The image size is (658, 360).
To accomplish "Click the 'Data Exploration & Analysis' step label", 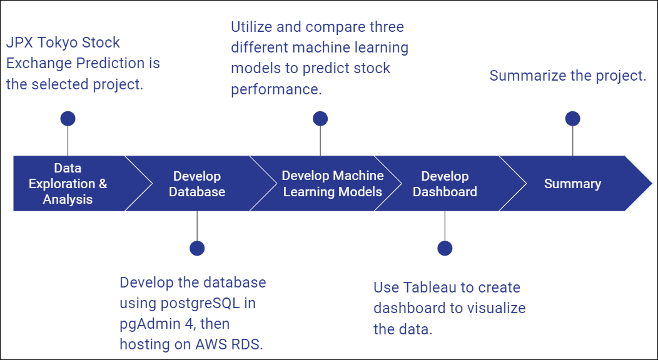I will [68, 184].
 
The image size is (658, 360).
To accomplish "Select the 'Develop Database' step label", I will [197, 184].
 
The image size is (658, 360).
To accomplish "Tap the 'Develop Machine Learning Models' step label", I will [332, 184].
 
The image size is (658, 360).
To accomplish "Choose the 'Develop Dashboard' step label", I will [445, 184].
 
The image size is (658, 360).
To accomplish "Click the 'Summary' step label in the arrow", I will [572, 184].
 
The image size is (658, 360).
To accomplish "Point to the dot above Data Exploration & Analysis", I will [68, 119].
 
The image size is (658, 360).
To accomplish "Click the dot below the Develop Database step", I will [197, 248].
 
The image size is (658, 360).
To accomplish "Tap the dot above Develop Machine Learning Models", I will [320, 119].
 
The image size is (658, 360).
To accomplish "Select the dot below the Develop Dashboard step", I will [445, 248].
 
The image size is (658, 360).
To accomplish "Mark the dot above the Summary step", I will [572, 119].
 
